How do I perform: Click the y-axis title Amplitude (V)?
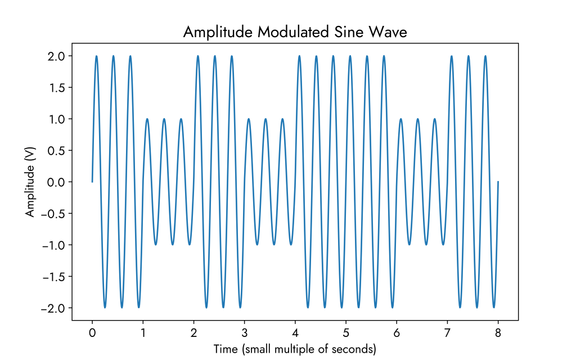coord(30,182)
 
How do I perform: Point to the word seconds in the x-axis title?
coord(355,349)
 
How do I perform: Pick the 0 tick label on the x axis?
coord(92,332)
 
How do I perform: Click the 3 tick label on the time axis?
coord(245,332)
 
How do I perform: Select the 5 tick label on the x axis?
coord(346,332)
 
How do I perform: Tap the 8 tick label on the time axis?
coord(498,332)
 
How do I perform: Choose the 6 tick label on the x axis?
coord(397,332)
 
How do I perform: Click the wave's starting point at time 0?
coord(92,182)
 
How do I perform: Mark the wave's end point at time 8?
coord(498,182)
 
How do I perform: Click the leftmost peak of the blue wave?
coord(97,56)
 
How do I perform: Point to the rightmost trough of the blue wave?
coord(494,308)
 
